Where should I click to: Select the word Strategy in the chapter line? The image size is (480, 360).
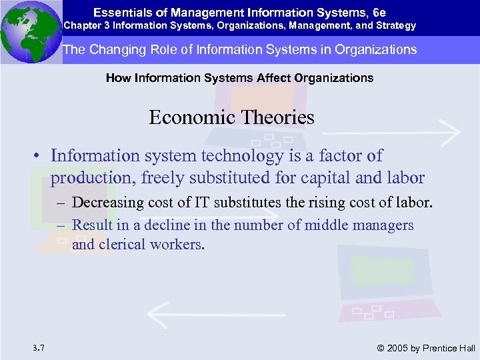point(396,26)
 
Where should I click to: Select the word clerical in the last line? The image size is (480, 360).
point(123,245)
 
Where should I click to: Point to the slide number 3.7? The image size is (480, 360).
point(38,347)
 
